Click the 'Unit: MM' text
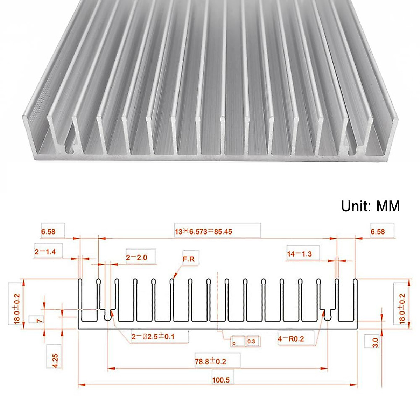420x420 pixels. pyautogui.click(x=370, y=206)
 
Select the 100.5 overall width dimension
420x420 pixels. pyautogui.click(x=221, y=379)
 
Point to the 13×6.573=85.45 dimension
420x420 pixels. pyautogui.click(x=203, y=231)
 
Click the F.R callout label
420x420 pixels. pyautogui.click(x=189, y=259)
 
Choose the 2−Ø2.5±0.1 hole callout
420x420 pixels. pyautogui.click(x=153, y=337)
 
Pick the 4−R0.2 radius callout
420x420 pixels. pyautogui.click(x=291, y=339)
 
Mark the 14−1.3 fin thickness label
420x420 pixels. pyautogui.click(x=299, y=254)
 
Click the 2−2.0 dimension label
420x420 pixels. pyautogui.click(x=136, y=258)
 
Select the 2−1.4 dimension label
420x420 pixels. pyautogui.click(x=45, y=251)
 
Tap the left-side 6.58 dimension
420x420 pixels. pyautogui.click(x=48, y=231)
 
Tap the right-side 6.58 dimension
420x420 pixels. pyautogui.click(x=378, y=231)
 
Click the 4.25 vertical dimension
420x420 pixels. pyautogui.click(x=55, y=360)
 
